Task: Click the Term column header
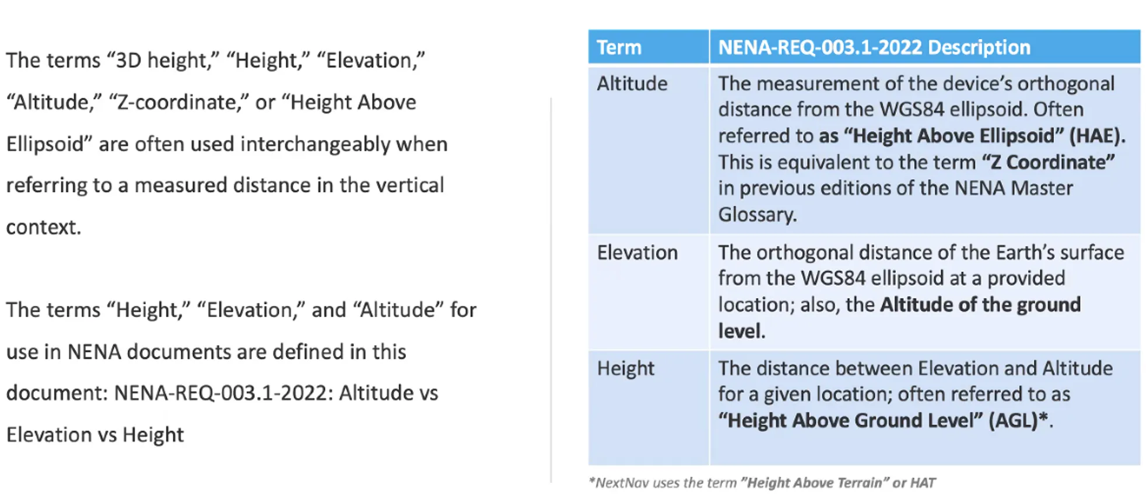point(619,47)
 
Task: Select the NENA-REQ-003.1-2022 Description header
point(874,47)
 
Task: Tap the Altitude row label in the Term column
point(632,83)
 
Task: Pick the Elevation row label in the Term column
point(637,252)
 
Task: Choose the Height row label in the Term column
point(625,368)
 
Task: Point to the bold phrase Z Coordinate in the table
point(1049,162)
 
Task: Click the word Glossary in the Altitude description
point(756,215)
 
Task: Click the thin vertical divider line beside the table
point(551,290)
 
